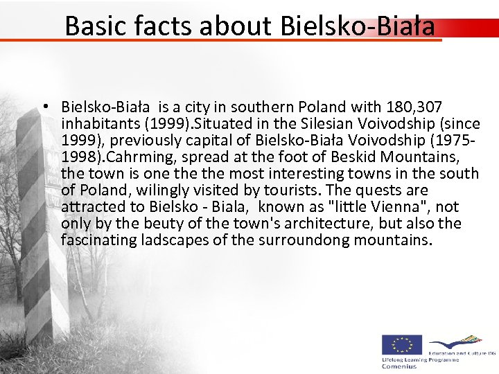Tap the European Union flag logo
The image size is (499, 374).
[402, 344]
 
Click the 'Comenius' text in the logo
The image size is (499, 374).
[400, 366]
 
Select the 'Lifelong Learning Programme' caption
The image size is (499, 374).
[420, 359]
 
